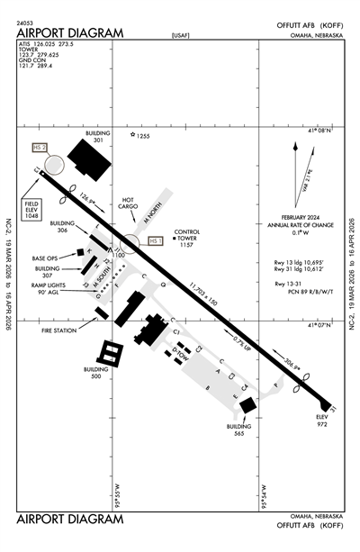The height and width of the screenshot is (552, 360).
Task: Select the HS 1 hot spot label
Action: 154,240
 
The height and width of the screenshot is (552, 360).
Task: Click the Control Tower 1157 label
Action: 185,237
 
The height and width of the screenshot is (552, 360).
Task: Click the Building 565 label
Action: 238,429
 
